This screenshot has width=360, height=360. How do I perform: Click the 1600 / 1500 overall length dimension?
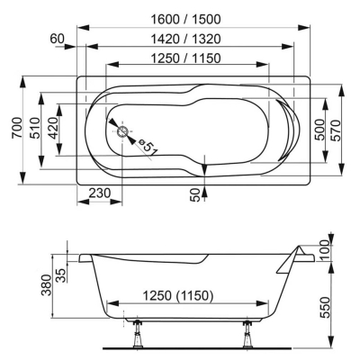pos(185,20)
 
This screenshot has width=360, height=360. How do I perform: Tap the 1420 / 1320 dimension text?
pos(185,39)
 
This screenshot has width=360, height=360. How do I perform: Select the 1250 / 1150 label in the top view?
pos(185,58)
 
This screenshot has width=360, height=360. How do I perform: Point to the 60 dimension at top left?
pos(58,39)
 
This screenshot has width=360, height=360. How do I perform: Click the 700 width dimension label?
pos(17,128)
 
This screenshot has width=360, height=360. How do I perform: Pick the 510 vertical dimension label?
pos(35,128)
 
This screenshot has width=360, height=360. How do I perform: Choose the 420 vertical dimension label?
pos(53,128)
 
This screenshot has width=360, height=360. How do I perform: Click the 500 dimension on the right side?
pos(320,130)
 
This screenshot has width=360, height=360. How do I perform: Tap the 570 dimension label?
pos(337,130)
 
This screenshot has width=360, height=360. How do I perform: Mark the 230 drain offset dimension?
pos(100,193)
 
